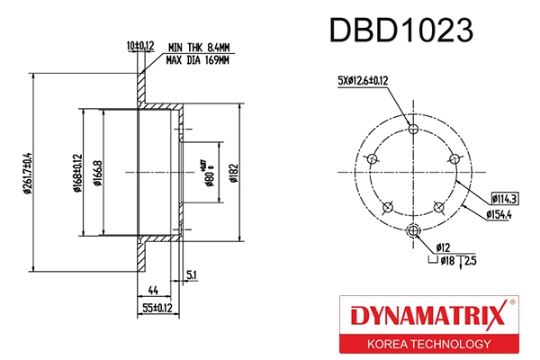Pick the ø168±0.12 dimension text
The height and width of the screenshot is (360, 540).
[78, 171]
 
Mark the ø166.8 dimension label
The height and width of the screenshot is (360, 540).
[96, 171]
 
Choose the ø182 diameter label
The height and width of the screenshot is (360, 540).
[232, 171]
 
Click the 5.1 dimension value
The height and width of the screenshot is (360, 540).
[192, 274]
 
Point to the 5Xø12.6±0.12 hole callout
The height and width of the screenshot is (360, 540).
[363, 81]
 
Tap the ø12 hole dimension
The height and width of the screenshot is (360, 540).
[443, 247]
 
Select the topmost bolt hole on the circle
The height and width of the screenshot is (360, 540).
[413, 130]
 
